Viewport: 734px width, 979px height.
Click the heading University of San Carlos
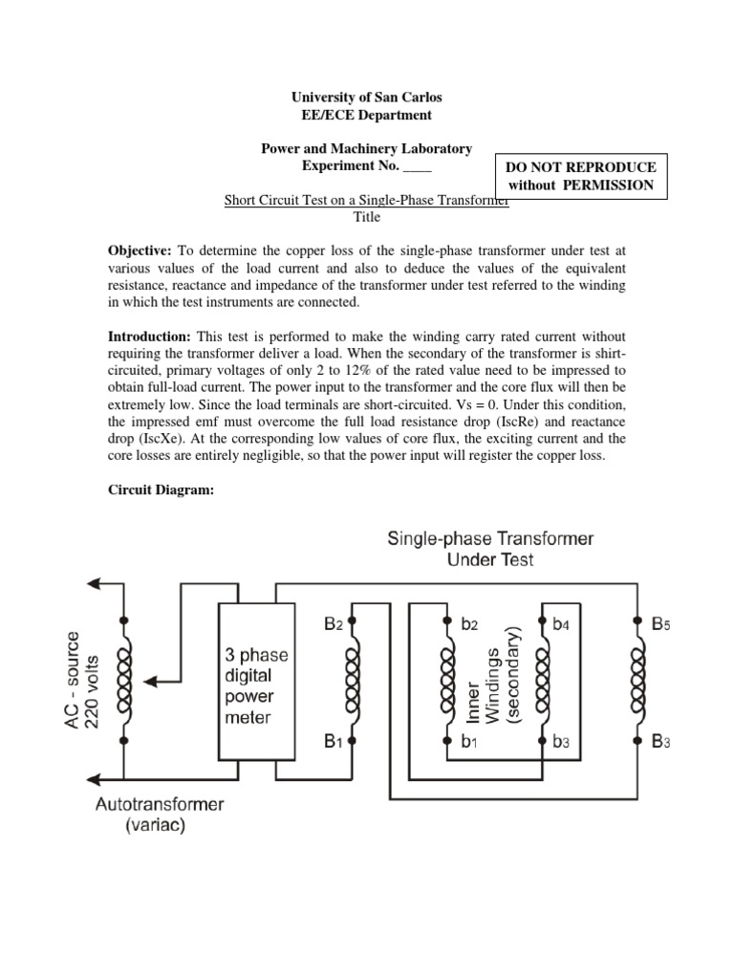tap(366, 98)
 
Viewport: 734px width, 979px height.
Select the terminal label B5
tap(661, 624)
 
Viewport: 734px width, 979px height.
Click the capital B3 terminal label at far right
tap(661, 741)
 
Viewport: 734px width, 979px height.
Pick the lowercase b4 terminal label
tap(564, 624)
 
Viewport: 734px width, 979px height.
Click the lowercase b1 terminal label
tap(469, 741)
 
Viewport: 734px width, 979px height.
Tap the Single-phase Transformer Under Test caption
tap(489, 548)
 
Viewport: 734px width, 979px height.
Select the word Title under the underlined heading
tap(367, 217)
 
